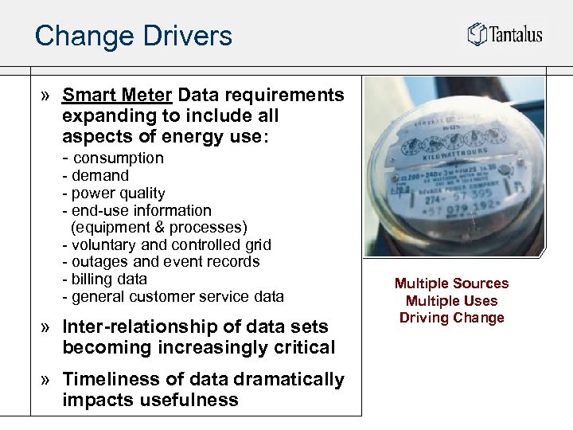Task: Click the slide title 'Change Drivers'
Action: [133, 36]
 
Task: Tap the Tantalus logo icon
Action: [476, 33]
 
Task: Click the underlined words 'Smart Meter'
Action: [117, 96]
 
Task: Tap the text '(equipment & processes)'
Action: [159, 228]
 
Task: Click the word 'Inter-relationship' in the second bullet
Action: [130, 326]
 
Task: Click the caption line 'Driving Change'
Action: [451, 318]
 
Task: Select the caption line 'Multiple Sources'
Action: [451, 283]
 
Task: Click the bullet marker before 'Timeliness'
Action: [47, 380]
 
